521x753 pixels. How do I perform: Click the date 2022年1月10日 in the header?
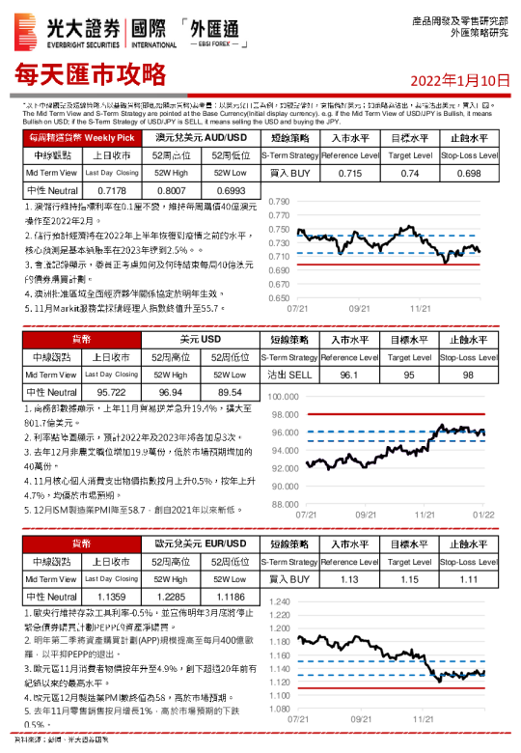[459, 79]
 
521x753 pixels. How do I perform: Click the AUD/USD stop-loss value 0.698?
[469, 173]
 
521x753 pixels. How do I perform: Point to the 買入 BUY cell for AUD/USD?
[289, 173]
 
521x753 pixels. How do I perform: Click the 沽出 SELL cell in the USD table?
[289, 375]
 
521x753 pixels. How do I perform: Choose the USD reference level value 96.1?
[350, 375]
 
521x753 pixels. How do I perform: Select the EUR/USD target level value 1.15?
[410, 579]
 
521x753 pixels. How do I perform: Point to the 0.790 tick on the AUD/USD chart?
[277, 202]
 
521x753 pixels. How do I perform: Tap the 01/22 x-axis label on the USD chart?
[483, 516]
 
